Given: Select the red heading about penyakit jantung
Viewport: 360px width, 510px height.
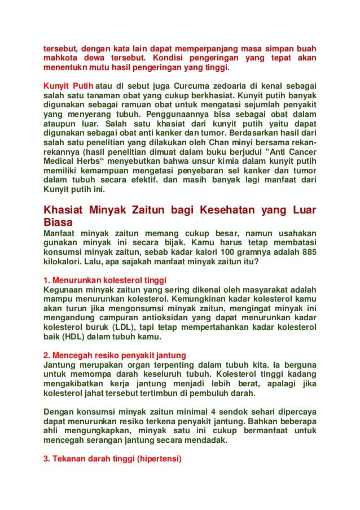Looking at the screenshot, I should click(x=115, y=355).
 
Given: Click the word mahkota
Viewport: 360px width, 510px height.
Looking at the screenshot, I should click(x=62, y=58).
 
